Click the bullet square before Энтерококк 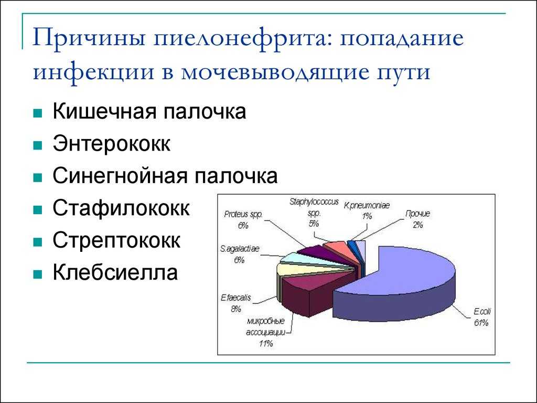pos(38,145)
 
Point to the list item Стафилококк pos(121,208)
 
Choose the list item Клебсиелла pos(115,272)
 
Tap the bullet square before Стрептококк pos(38,242)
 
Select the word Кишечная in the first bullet pos(104,111)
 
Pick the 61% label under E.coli pos(481,323)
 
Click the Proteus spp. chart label pos(243,215)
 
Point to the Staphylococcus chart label pos(314,202)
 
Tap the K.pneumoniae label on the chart pos(367,206)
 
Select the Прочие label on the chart pos(417,214)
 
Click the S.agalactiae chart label pos(240,249)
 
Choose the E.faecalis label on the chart pos(236,298)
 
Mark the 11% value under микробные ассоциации pos(266,343)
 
